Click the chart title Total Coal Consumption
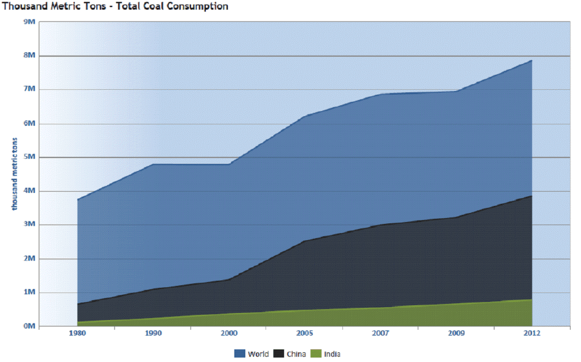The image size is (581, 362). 115,6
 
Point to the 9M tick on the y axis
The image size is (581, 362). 28,21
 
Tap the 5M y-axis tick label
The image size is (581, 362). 28,157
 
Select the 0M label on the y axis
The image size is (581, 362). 28,327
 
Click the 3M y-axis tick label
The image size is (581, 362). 28,225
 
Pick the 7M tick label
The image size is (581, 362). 28,89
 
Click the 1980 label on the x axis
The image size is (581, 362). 77,334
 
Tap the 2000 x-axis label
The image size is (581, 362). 229,334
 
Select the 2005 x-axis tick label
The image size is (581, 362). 304,334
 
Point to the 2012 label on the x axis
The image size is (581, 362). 532,334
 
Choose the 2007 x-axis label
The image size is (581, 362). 380,334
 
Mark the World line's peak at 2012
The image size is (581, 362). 531,61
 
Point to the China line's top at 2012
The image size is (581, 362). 531,196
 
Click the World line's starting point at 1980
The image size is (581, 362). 77,199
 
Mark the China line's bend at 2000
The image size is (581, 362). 229,279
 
